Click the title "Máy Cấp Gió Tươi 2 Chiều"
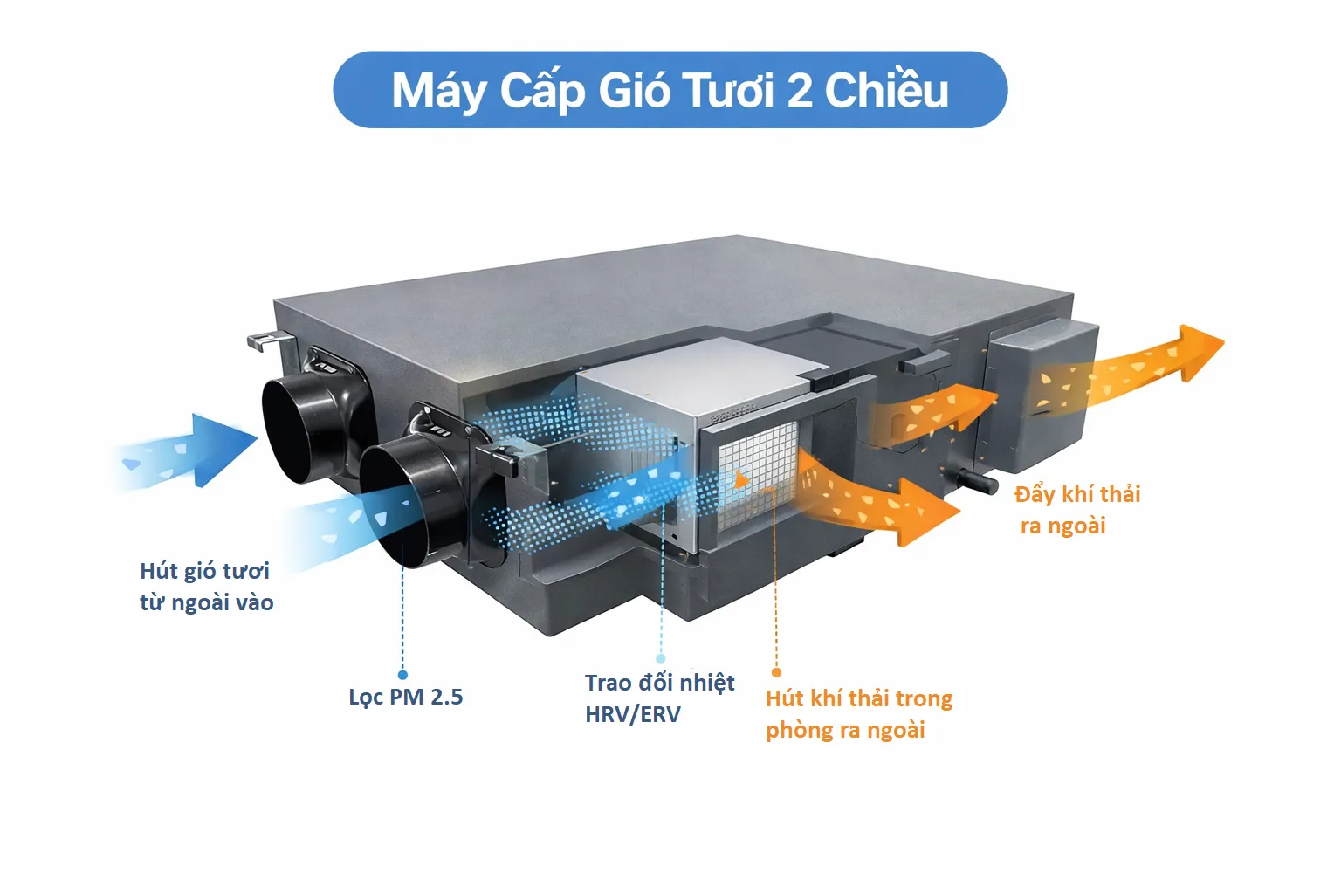670,90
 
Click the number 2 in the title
800,91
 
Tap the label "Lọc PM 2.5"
405,697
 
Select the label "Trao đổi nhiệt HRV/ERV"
659,698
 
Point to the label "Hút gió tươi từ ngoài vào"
206,587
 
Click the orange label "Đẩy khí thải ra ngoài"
1077,510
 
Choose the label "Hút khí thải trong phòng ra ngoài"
858,714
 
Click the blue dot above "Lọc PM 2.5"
402,675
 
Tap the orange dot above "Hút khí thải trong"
776,672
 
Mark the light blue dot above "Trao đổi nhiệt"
661,658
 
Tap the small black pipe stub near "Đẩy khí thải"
978,480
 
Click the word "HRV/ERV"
633,714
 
